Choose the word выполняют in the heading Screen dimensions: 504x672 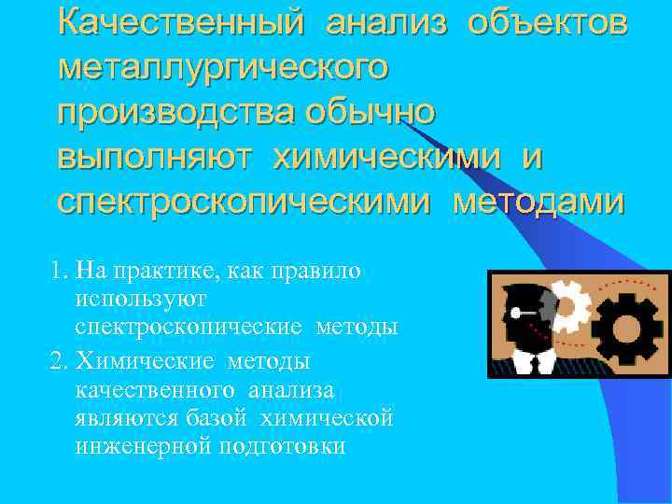click(154, 157)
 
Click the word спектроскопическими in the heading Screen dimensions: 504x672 click(245, 201)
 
